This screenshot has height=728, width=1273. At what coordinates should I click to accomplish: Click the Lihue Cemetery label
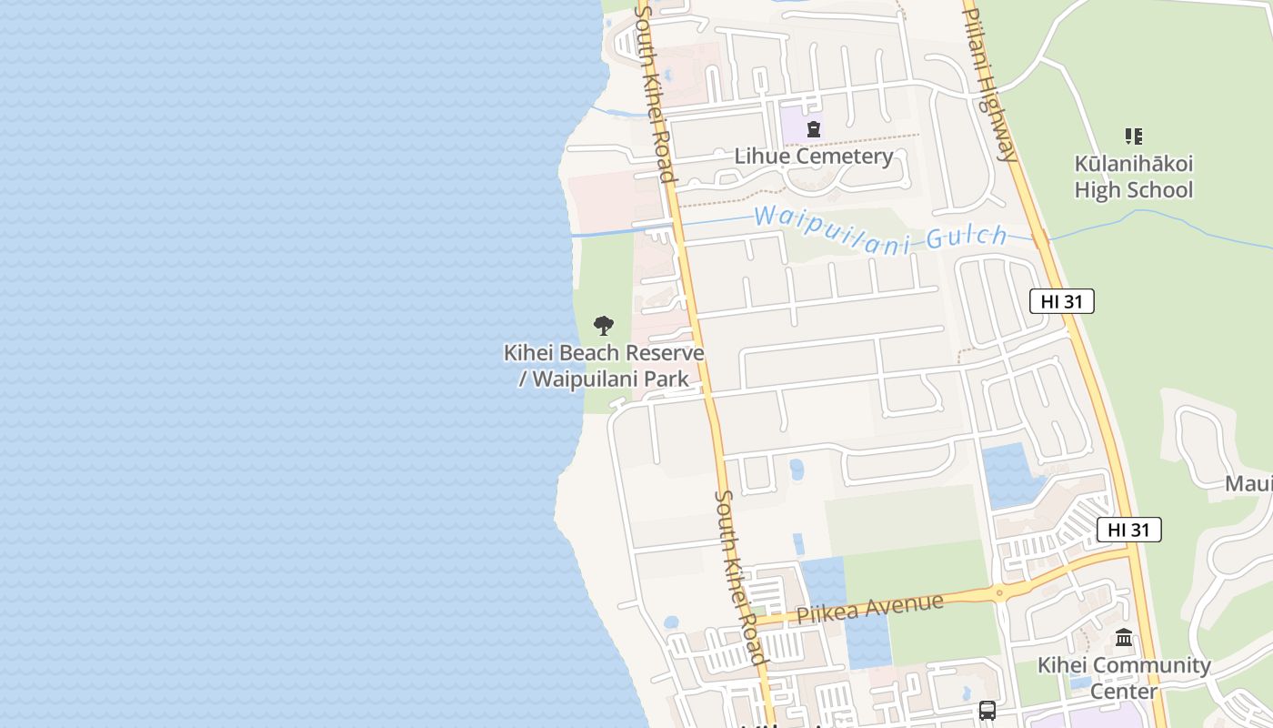click(814, 157)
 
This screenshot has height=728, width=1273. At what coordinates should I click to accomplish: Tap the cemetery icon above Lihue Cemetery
click(814, 129)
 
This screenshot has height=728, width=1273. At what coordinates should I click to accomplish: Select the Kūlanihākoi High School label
click(1134, 177)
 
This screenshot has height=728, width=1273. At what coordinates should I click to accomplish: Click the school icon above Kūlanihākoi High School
click(1134, 136)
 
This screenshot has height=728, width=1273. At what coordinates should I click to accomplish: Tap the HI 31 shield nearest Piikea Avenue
click(1128, 530)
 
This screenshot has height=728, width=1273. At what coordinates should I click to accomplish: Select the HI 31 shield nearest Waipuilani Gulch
click(1061, 301)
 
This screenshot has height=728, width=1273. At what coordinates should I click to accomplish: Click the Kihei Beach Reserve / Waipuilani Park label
click(604, 366)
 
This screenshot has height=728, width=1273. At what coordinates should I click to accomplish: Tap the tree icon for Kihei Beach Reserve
click(604, 326)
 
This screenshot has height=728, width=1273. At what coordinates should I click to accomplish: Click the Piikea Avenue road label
click(869, 608)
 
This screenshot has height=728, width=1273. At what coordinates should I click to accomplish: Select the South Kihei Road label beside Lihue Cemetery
click(656, 91)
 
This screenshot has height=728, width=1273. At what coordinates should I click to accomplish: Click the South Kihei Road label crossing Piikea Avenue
click(739, 578)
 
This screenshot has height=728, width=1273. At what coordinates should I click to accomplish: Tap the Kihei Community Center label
click(1124, 678)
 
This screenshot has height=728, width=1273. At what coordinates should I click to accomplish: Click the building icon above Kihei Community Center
click(1124, 638)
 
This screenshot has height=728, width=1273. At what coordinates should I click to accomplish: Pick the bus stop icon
click(987, 710)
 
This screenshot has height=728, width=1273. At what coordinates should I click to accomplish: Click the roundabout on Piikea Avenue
click(999, 594)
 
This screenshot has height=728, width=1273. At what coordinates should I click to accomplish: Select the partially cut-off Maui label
click(1248, 483)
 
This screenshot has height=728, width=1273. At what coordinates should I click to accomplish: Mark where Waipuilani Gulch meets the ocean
click(573, 236)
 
